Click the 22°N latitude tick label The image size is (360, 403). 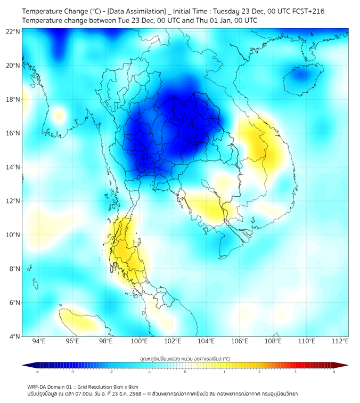tap(13, 31)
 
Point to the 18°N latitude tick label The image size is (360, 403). tap(13, 99)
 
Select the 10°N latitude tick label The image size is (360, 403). tap(13, 235)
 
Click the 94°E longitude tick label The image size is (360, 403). tap(39, 342)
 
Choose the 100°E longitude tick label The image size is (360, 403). tap(139, 342)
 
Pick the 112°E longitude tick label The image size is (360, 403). tap(340, 342)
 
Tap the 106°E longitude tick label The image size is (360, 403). tap(240, 342)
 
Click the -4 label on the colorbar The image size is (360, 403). tap(36, 372)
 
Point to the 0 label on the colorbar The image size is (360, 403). tap(185, 372)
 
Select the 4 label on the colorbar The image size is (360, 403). tap(334, 372)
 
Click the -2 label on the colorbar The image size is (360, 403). tap(110, 372)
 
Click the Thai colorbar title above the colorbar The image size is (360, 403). tap(185, 358)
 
